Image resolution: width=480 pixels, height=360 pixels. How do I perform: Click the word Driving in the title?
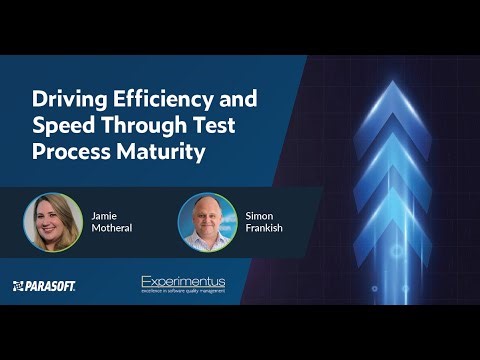[63, 100]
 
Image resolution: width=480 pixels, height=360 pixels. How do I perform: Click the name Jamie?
[104, 214]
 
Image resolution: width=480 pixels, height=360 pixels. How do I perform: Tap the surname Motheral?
[111, 228]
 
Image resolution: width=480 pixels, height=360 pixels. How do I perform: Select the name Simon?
[259, 214]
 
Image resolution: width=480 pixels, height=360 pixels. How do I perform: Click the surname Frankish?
[264, 228]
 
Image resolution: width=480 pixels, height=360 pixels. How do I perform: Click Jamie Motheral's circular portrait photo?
[53, 221]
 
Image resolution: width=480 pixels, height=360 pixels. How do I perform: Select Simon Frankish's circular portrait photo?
[207, 221]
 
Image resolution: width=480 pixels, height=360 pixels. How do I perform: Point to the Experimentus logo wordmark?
[183, 282]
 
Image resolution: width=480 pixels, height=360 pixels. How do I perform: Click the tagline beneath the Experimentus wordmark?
[183, 292]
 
